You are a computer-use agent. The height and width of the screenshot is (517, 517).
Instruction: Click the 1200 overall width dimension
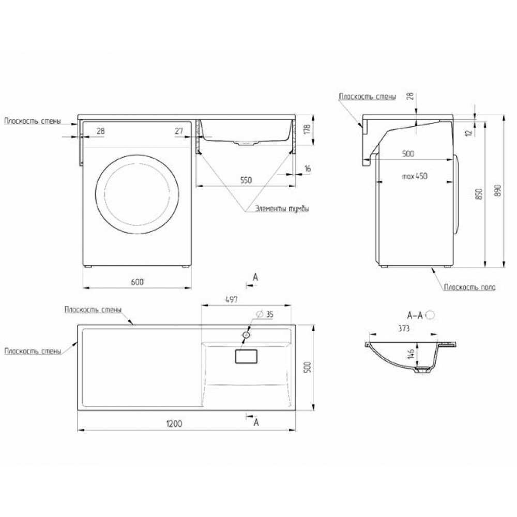pyautogui.click(x=174, y=423)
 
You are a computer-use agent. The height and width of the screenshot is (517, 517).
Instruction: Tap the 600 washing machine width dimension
pyautogui.click(x=137, y=282)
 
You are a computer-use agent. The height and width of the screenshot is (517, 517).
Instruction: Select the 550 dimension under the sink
pyautogui.click(x=246, y=180)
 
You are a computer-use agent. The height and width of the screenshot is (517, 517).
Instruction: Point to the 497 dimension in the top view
pyautogui.click(x=232, y=299)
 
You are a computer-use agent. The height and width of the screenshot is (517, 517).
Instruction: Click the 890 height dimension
pyautogui.click(x=498, y=191)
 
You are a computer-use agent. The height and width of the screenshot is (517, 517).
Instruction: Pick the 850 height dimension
pyautogui.click(x=479, y=193)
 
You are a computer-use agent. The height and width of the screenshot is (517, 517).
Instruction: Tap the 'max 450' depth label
pyautogui.click(x=415, y=176)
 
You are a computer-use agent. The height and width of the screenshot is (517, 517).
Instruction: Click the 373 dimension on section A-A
pyautogui.click(x=404, y=328)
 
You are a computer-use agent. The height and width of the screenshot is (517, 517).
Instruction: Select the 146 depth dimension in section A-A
pyautogui.click(x=410, y=354)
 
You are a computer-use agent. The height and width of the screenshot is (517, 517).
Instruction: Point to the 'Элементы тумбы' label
pyautogui.click(x=282, y=209)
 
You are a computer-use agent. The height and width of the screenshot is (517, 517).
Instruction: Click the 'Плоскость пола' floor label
pyautogui.click(x=469, y=287)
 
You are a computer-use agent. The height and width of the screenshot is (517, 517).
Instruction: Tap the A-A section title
pyautogui.click(x=415, y=315)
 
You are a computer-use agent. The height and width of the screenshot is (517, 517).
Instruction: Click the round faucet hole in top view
pyautogui.click(x=246, y=335)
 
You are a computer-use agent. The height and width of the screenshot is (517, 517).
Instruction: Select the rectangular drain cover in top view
pyautogui.click(x=246, y=356)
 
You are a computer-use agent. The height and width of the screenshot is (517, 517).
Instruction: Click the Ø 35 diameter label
pyautogui.click(x=265, y=314)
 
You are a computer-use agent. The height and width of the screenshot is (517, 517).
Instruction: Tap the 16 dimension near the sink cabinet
pyautogui.click(x=307, y=169)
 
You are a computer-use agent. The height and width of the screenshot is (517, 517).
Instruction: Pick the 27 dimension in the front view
pyautogui.click(x=179, y=131)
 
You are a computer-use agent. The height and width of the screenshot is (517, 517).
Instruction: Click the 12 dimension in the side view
pyautogui.click(x=469, y=133)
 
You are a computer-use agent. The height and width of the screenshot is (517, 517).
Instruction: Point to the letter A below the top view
pyautogui.click(x=256, y=422)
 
